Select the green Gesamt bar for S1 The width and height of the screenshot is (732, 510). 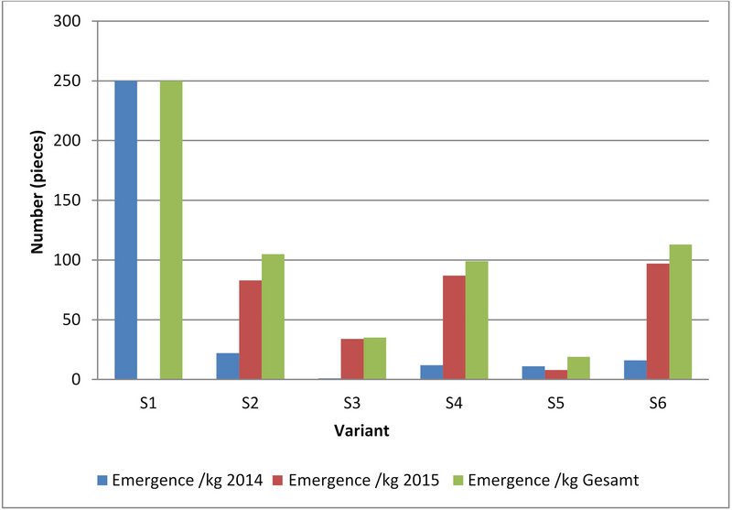tap(171, 230)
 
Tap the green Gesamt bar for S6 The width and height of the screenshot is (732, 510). tap(680, 312)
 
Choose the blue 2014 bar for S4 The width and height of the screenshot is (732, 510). tap(431, 372)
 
